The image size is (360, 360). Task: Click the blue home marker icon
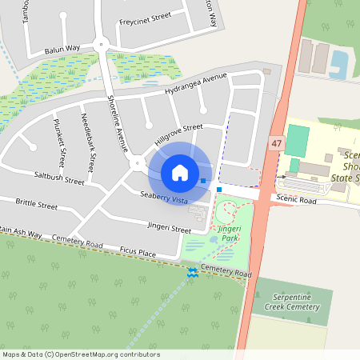(x=180, y=172)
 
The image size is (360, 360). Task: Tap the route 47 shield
(x=277, y=142)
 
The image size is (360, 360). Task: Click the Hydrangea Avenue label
(x=197, y=85)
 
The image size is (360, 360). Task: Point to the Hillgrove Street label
(x=178, y=134)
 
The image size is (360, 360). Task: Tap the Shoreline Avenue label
(x=118, y=123)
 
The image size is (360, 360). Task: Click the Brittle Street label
(x=37, y=206)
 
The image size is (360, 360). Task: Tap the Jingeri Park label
(x=229, y=234)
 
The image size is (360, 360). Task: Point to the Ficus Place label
(x=135, y=254)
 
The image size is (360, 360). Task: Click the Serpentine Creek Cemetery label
(x=292, y=302)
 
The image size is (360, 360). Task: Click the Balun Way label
(x=62, y=49)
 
